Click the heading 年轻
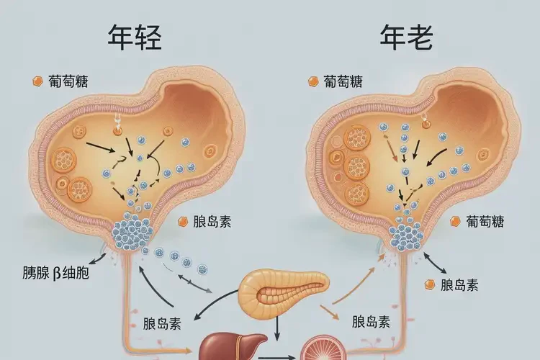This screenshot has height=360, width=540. pos(135,36)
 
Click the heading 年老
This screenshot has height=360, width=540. pos(406,36)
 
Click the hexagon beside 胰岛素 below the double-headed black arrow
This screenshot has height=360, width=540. pos(430,284)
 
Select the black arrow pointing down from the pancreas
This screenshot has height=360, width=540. pos(278,328)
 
